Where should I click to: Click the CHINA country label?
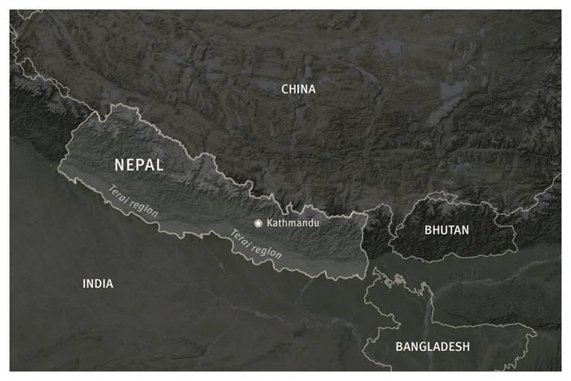point(298,90)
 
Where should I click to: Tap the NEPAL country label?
point(138,165)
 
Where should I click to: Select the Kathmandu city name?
point(293,223)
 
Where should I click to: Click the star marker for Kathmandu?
point(258,223)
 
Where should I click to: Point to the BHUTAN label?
point(447,230)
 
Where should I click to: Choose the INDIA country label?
point(98,284)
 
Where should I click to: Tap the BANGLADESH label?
point(432,346)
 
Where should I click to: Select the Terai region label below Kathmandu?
point(254,243)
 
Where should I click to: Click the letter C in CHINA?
point(285,90)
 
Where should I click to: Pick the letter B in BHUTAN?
point(428,230)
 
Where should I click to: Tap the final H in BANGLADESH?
point(465,346)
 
